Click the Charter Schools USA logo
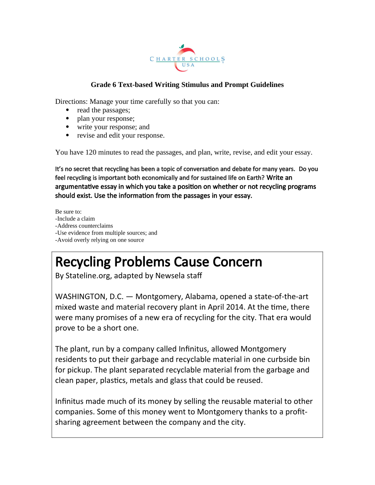click(187, 58)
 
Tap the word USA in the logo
click(188, 65)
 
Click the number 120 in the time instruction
click(91, 152)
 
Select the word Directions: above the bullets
click(71, 102)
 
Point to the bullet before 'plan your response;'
click(67, 119)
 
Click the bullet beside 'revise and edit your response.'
click(67, 136)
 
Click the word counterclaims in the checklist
click(96, 226)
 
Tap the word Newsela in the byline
click(169, 276)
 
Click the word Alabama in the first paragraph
click(200, 297)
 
